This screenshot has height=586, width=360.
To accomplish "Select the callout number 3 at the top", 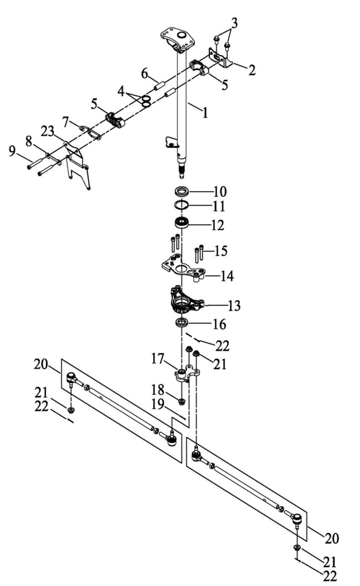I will (234, 24).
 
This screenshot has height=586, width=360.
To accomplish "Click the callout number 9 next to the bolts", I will (12, 152).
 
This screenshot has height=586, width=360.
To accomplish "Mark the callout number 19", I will (158, 405).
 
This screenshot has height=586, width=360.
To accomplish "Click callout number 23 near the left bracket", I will (47, 132).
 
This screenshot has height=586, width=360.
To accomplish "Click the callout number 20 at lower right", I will (331, 538).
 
